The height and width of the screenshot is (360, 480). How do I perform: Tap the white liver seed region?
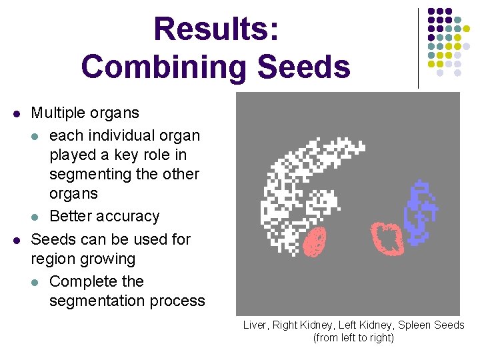pos(293,187)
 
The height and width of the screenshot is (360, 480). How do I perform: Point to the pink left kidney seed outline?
pos(386,236)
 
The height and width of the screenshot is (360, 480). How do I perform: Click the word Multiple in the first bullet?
pos(59,113)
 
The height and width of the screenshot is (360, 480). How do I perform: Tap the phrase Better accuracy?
pos(105,216)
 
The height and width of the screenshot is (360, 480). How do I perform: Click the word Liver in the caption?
pos(254,325)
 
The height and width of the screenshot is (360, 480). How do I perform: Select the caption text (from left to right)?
pos(353,338)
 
